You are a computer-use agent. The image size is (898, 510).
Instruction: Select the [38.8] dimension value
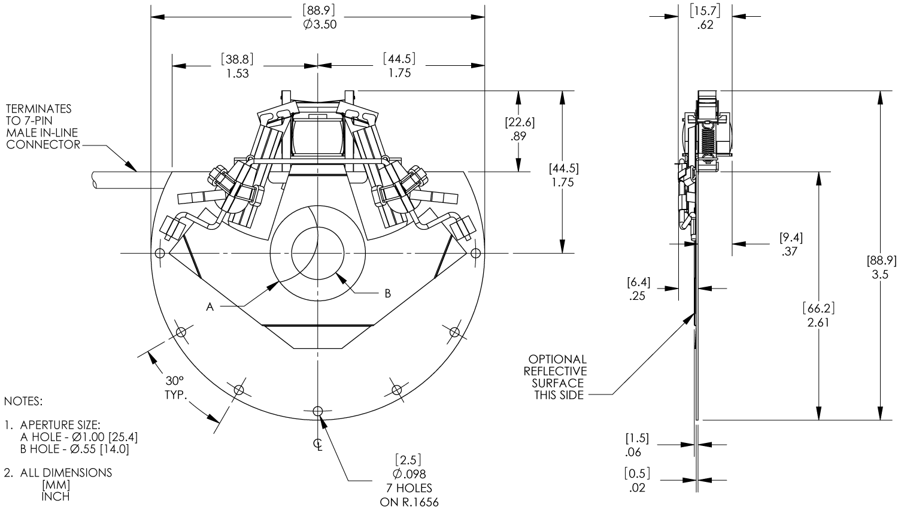[237, 59]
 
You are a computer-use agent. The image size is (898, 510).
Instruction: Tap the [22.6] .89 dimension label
[520, 129]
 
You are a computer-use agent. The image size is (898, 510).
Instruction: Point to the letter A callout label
[210, 307]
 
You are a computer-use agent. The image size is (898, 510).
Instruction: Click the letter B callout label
[387, 293]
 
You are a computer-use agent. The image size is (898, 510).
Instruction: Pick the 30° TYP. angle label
[175, 388]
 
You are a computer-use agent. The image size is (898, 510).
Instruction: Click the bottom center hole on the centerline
[317, 411]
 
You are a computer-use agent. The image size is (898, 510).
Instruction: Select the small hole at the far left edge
[159, 253]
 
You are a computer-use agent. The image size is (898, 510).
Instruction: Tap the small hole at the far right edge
[475, 253]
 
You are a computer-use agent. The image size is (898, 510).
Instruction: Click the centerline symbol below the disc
[318, 444]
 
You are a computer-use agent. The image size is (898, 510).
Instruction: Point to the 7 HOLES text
[409, 488]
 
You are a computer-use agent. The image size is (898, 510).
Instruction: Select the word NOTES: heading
[23, 400]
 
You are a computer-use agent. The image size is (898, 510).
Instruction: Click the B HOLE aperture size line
[74, 449]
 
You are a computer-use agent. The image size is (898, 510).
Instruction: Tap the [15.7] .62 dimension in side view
[705, 17]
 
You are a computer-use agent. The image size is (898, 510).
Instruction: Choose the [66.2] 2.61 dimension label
[818, 315]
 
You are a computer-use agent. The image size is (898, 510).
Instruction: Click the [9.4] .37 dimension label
[791, 244]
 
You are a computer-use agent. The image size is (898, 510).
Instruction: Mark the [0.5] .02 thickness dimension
[638, 480]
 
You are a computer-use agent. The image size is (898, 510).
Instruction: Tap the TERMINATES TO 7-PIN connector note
[42, 127]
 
